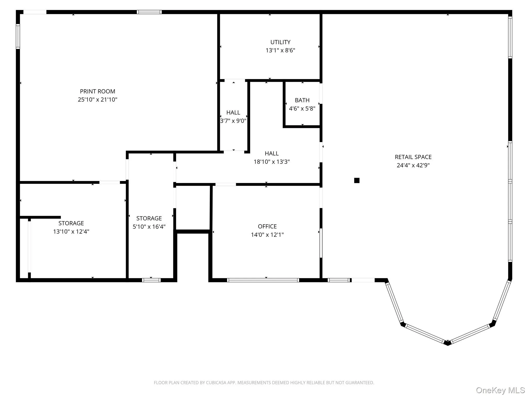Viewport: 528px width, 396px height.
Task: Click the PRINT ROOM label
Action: coord(97,91)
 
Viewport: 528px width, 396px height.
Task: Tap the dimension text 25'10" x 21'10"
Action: coord(97,100)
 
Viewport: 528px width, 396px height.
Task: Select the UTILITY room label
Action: coord(280,42)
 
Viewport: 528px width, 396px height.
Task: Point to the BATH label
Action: coord(302,100)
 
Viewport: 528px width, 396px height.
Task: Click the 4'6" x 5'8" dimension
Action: coord(302,109)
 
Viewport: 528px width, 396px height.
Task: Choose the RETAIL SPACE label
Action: coord(413,157)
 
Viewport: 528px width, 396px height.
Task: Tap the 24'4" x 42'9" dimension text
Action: coord(413,165)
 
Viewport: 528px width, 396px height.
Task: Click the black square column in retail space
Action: coord(357,180)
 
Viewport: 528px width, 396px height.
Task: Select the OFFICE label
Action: coord(267,226)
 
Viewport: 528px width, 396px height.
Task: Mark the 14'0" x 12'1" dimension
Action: coord(267,235)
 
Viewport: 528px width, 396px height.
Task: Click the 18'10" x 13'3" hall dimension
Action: coord(271,162)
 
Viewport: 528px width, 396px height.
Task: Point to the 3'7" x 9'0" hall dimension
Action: coord(233,121)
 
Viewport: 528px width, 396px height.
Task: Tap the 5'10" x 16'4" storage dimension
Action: coord(149,227)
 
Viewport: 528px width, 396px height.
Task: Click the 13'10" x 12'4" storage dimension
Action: coord(71,232)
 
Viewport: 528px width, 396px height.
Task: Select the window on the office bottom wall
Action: coord(263,280)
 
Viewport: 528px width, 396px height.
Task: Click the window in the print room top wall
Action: coord(149,12)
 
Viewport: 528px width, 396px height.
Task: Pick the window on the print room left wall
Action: coord(18,36)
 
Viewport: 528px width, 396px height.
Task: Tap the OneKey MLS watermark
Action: coord(500,390)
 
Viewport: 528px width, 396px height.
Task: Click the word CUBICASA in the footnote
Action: coord(216,383)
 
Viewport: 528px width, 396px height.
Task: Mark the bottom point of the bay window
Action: coord(448,343)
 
